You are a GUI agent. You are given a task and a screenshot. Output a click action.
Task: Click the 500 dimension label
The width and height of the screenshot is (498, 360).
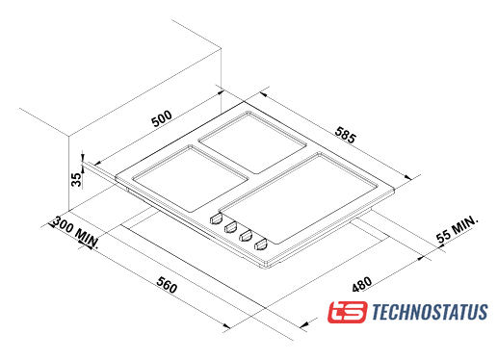click(162, 118)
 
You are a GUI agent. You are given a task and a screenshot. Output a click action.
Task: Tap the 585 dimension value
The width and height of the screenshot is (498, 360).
click(346, 135)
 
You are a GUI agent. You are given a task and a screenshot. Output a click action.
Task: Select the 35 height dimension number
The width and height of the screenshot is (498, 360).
click(76, 180)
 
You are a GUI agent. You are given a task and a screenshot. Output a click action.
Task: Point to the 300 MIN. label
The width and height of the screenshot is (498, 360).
click(76, 232)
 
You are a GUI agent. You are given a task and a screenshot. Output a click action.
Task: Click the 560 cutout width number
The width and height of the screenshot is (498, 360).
click(167, 285)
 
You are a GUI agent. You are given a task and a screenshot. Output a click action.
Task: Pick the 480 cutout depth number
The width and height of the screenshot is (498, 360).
click(362, 284)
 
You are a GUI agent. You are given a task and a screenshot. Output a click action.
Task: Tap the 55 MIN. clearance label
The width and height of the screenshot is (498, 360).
click(458, 229)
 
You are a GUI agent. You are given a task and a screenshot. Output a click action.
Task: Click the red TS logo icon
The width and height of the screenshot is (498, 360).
click(347, 312)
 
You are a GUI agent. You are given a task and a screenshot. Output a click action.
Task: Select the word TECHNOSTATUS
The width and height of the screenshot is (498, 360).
click(430, 312)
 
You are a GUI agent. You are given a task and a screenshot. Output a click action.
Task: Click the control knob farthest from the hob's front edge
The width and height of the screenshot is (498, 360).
click(216, 219)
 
